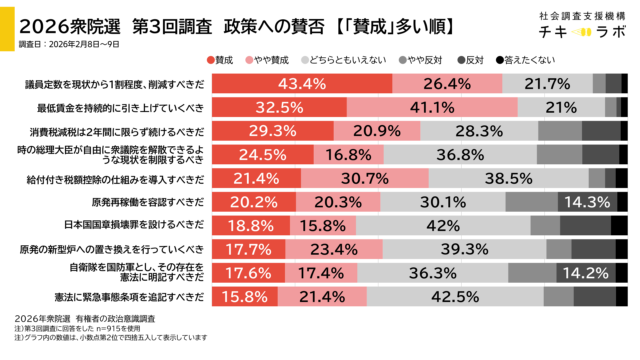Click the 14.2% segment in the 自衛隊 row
tap(585, 272)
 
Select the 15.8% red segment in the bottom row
tap(245, 296)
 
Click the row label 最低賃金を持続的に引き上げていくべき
tap(133, 107)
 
